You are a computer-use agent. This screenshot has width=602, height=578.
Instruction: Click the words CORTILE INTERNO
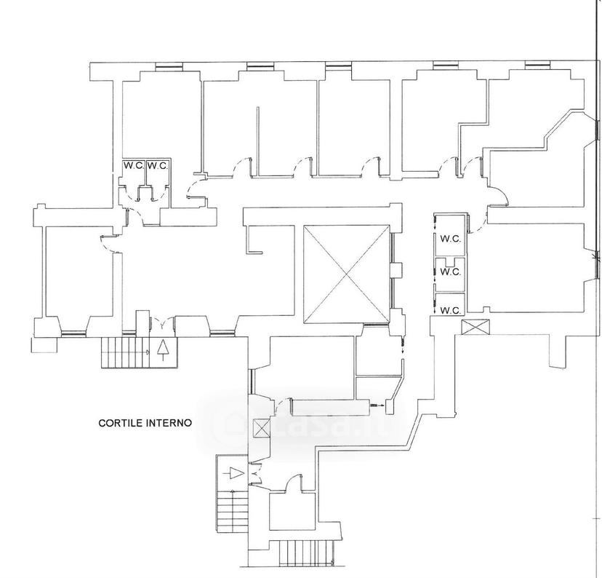tap(145, 423)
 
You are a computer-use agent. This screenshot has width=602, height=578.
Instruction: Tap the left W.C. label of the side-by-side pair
tap(134, 166)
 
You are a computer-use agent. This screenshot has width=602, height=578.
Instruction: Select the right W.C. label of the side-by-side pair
tap(158, 166)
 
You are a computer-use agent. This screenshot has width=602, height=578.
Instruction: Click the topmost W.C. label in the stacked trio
tap(450, 239)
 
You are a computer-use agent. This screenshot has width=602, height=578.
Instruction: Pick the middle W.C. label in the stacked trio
tap(450, 272)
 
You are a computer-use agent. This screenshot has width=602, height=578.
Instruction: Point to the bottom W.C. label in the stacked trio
tap(450, 310)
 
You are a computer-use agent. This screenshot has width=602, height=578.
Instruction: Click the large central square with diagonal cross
tap(347, 274)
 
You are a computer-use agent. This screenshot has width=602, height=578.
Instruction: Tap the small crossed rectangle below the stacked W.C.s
tap(476, 327)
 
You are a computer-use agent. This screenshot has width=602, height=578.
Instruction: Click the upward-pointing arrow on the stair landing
tap(164, 349)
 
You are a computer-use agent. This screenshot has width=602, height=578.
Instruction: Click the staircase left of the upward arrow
tap(125, 352)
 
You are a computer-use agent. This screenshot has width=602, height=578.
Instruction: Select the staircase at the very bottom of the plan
tap(306, 553)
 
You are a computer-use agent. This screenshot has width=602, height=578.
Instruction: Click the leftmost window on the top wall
tap(169, 67)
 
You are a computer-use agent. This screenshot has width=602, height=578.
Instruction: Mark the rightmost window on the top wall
tap(537, 66)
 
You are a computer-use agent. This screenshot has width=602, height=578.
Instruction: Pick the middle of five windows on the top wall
tap(338, 66)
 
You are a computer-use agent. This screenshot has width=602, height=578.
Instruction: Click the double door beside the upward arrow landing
tap(163, 323)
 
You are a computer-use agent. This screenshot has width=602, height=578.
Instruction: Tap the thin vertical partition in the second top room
tap(258, 141)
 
